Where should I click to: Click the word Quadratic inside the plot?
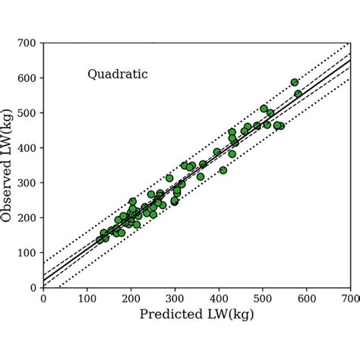point(117,74)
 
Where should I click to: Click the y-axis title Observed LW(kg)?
point(9,165)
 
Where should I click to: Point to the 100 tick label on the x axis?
point(87,298)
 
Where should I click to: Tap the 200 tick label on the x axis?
point(131,298)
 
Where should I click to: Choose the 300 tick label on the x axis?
point(175,298)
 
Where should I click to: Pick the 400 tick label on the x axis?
point(219,298)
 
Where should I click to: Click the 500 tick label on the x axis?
point(263,298)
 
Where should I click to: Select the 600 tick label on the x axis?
point(307,298)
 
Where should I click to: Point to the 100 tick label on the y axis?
point(29,253)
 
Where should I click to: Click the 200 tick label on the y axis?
point(29,218)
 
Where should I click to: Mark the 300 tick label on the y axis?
point(29,183)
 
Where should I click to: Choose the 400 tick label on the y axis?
point(29,148)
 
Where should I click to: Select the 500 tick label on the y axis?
point(29,113)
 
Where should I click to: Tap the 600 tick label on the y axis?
point(29,78)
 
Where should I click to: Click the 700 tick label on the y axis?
point(29,43)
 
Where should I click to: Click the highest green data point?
point(295,82)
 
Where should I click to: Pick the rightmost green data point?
point(298,94)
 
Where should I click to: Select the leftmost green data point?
point(100,240)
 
